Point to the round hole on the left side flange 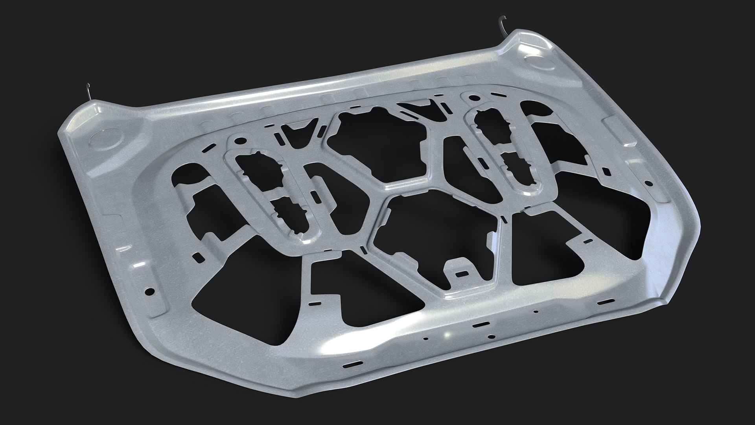pos(149,292)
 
